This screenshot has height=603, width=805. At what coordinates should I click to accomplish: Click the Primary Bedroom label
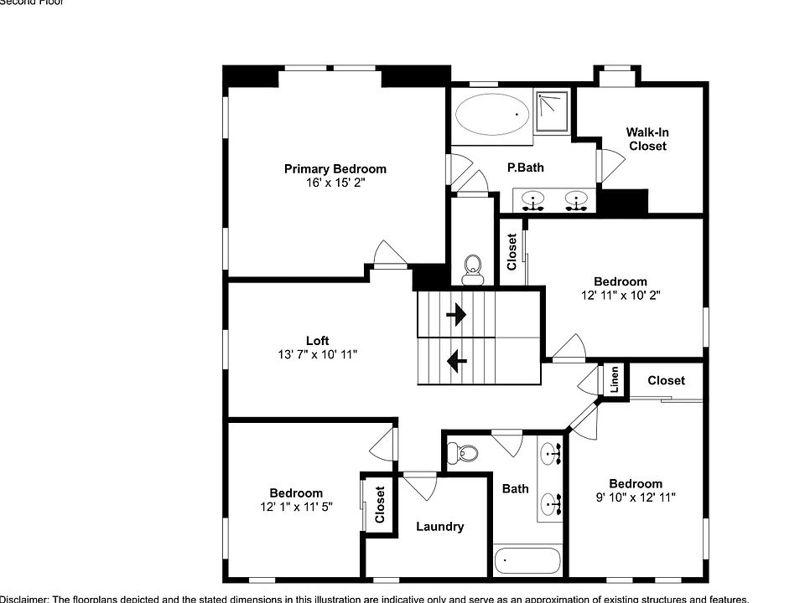point(335,168)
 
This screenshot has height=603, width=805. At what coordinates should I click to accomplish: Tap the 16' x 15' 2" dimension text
point(335,182)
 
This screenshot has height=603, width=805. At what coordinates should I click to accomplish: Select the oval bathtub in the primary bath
point(493,114)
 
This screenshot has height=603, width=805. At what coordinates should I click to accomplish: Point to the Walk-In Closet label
point(647,139)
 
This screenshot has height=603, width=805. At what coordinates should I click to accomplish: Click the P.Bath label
point(525,167)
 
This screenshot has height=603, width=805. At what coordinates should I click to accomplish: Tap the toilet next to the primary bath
point(473,267)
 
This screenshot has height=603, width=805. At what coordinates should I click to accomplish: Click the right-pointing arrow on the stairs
point(456,315)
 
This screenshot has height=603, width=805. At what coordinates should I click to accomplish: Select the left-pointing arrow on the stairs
point(456,361)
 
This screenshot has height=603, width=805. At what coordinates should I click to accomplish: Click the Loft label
point(317,340)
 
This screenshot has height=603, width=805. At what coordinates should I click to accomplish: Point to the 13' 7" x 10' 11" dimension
point(317,354)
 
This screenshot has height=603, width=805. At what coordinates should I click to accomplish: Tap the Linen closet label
point(615,380)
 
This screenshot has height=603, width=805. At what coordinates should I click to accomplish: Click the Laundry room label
point(439,527)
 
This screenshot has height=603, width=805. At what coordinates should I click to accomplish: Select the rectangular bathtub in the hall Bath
point(527,560)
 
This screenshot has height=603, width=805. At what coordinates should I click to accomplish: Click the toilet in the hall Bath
point(463,454)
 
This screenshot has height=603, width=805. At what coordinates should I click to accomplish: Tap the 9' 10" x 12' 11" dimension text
point(636,497)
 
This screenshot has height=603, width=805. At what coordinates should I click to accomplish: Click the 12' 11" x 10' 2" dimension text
point(621,295)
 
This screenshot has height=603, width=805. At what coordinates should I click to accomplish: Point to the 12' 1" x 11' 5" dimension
point(296,507)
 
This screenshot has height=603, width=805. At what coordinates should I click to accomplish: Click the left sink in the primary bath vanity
point(532,200)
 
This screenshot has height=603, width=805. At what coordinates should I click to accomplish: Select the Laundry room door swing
point(419,484)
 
